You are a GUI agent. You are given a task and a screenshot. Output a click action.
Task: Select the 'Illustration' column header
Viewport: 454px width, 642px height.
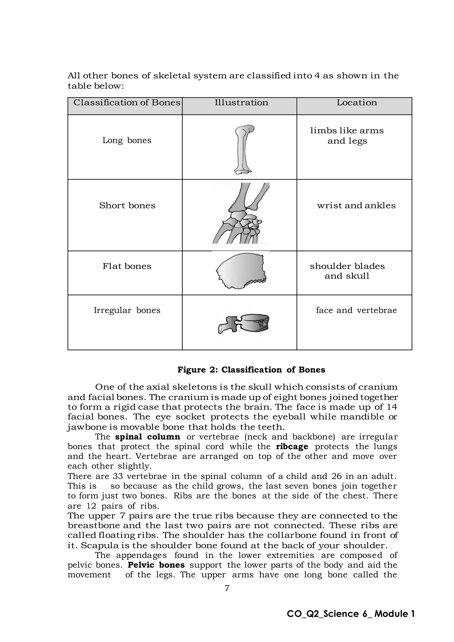(241, 103)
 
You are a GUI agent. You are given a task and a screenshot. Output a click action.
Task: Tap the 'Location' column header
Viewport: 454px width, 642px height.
(357, 103)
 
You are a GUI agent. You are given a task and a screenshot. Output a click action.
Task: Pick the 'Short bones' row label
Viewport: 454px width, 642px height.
(127, 206)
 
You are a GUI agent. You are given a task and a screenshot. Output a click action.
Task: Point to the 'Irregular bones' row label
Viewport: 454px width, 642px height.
(127, 310)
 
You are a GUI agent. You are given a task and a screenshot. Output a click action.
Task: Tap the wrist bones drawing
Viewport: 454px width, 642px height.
(241, 214)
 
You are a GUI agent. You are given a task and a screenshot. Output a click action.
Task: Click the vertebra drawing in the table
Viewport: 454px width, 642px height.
(243, 324)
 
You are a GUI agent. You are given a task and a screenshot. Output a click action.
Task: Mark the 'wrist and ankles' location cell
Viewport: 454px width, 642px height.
(356, 206)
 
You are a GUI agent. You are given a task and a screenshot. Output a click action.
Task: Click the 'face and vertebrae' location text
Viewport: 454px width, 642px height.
(356, 310)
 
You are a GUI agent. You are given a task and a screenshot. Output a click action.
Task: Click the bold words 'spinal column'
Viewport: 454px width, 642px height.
(147, 437)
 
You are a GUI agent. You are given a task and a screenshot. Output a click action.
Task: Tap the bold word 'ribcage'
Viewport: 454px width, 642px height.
(292, 446)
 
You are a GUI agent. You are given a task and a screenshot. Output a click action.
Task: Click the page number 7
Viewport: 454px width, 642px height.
(227, 588)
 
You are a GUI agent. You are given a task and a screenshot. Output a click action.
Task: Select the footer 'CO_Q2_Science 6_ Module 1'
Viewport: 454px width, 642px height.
(350, 614)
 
